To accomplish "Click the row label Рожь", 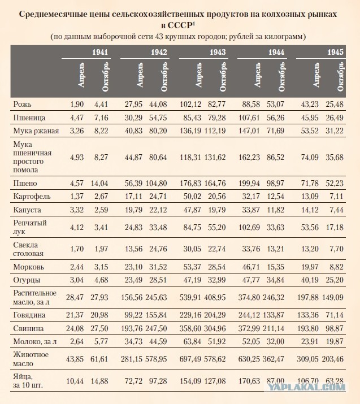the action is (x=22, y=105).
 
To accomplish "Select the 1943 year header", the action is (x=218, y=53).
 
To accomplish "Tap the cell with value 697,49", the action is (x=190, y=359).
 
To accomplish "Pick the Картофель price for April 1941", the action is (x=77, y=196).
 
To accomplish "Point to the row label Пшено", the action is (x=25, y=184).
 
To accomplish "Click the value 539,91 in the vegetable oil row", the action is (x=190, y=298).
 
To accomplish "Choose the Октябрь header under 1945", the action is (x=341, y=76).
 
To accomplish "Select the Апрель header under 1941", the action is (x=81, y=75).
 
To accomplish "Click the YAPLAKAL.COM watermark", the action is (x=306, y=386).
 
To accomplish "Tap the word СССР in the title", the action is (x=180, y=25).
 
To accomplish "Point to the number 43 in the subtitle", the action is (x=159, y=36).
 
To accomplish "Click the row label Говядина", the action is (x=29, y=315).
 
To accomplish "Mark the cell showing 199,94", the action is (x=249, y=184).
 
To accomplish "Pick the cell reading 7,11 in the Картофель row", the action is (x=337, y=196).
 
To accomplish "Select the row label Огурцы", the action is (x=27, y=280).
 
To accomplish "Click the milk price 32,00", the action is (x=275, y=342).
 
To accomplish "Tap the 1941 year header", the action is (x=100, y=53).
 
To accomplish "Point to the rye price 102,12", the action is (x=190, y=105).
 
